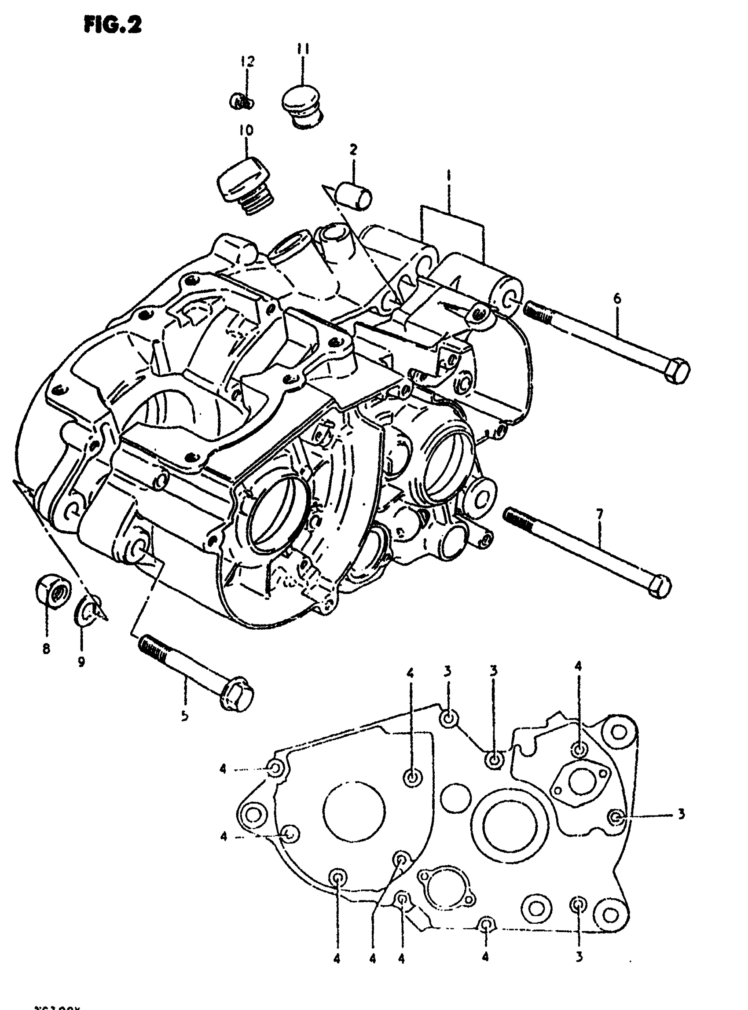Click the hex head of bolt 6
point(676,370)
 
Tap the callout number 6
point(617,299)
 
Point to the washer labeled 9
point(88,608)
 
